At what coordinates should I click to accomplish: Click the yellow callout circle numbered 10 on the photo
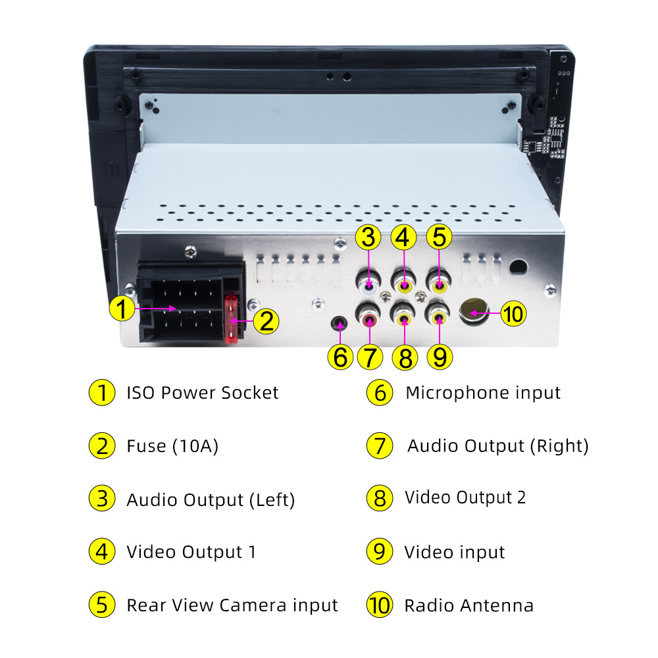(513, 314)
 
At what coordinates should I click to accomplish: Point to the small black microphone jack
(339, 324)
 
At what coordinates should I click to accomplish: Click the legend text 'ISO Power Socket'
(203, 393)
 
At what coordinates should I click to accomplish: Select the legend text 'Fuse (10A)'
(172, 446)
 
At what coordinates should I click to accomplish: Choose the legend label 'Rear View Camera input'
(232, 605)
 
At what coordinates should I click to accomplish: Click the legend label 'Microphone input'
(483, 393)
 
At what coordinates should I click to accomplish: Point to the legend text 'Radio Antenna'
(468, 605)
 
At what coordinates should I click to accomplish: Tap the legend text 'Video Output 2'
(465, 497)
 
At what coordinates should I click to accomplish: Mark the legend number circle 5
(101, 605)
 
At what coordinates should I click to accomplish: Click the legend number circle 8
(379, 498)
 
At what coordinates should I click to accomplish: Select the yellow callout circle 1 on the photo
(122, 308)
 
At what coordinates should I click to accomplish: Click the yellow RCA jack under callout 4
(404, 286)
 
